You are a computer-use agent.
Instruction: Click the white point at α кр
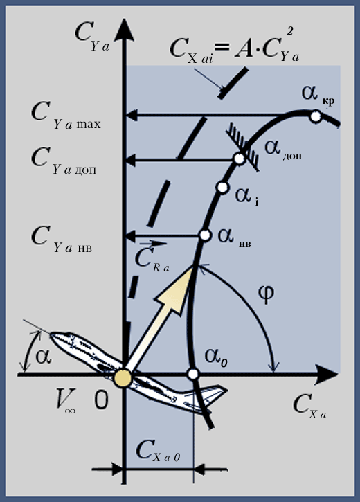coord(316,116)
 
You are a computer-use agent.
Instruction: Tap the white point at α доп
coord(239,158)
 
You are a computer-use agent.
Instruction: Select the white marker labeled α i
coord(222,187)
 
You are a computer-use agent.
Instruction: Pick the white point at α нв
coord(205,235)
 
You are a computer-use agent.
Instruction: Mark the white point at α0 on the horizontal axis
coord(193,374)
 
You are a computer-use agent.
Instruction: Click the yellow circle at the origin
coord(123,378)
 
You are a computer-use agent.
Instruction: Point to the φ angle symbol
coord(266,294)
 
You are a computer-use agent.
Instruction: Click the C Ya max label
coord(66,116)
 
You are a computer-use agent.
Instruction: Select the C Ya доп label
coord(64,161)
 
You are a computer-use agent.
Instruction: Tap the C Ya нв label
coord(62,239)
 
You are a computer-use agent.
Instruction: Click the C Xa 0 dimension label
coord(158,451)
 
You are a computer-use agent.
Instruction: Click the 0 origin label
coord(102,400)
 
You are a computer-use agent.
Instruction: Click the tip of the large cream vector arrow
coord(194,265)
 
